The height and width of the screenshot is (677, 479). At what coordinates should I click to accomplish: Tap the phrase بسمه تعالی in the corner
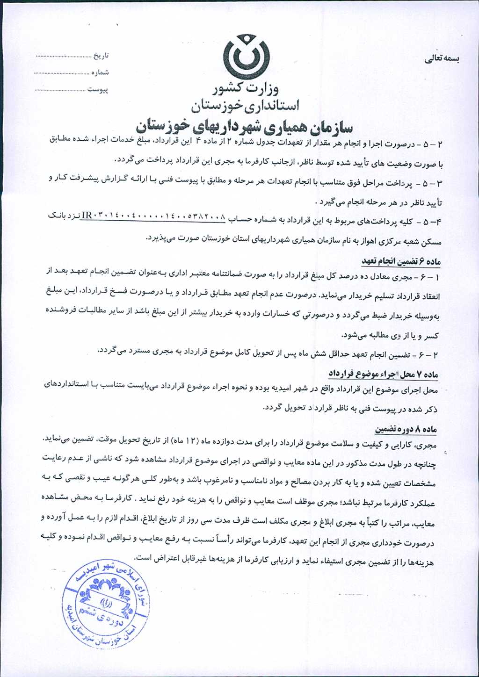pos(442,59)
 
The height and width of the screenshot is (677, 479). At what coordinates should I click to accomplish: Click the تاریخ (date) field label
pos(101,56)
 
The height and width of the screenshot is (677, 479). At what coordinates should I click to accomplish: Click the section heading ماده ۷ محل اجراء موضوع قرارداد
pos(384,374)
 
